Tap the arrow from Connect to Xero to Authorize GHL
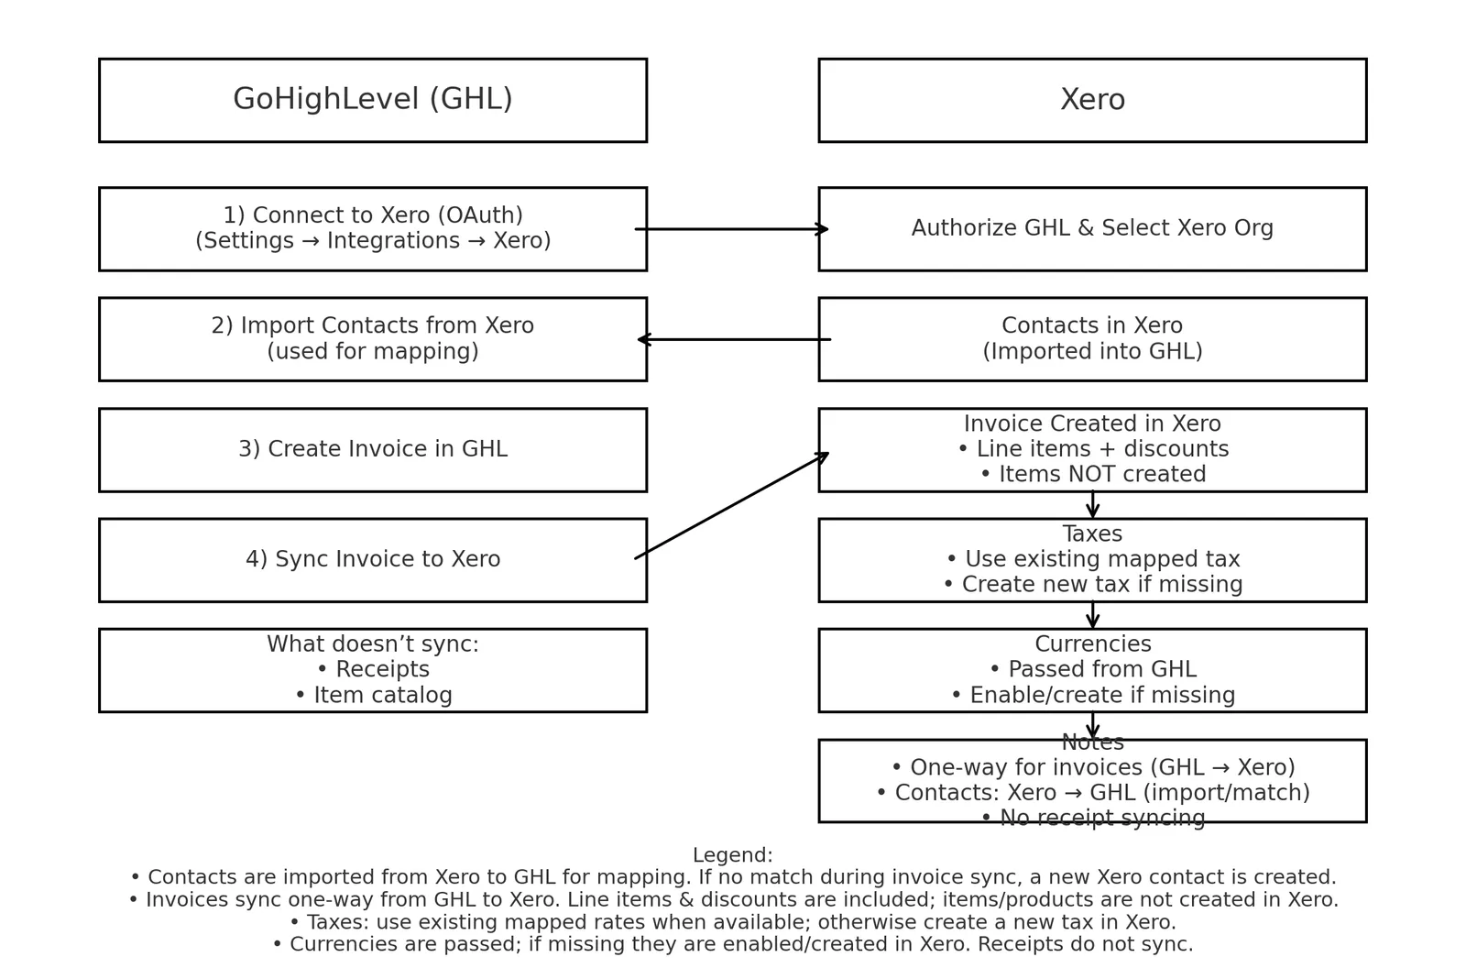732,229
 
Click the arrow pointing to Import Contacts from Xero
734,339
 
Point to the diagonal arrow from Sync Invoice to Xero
732,505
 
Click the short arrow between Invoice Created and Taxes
1092,504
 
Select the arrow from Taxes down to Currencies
1092,615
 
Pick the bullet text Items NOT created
1094,474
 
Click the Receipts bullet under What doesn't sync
373,669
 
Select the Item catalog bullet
374,695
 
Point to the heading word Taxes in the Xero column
1092,533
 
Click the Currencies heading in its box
1093,643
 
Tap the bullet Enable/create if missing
1093,695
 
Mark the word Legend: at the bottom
733,854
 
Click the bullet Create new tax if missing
1093,584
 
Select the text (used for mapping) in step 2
373,351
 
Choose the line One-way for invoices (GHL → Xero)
1093,767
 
